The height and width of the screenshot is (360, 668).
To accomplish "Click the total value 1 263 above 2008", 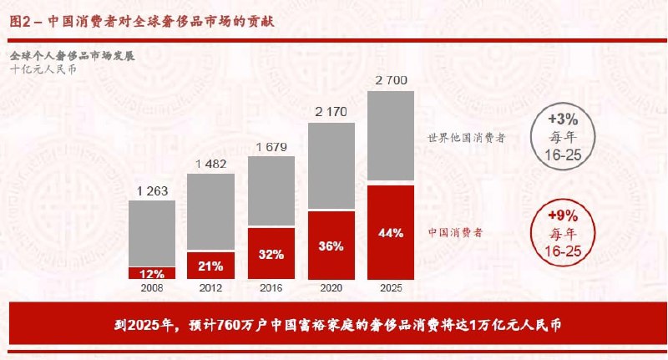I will click(152, 191).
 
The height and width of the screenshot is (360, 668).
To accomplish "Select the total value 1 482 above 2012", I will click(210, 165).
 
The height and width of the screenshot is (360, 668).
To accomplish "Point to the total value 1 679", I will click(271, 148).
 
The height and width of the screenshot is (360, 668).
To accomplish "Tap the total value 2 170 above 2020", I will click(331, 112).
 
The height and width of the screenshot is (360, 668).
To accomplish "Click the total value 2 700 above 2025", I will click(391, 80).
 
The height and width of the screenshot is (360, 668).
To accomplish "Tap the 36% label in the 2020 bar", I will click(331, 246).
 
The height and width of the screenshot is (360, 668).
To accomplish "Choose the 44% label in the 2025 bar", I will click(391, 232).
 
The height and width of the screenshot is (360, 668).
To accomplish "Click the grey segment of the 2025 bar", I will click(391, 138).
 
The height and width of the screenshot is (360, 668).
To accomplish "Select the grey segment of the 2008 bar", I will click(152, 234).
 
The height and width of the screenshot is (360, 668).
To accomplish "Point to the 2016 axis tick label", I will click(271, 288).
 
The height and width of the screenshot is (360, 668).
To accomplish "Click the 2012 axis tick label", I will click(210, 288).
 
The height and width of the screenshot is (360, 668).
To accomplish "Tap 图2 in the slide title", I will click(21, 22).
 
